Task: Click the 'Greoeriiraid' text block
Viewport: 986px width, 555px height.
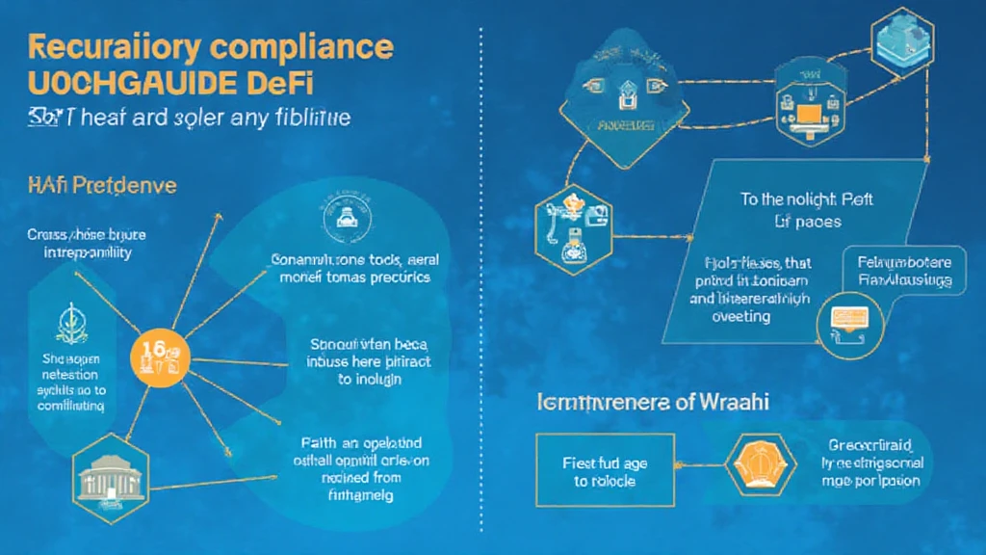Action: [x=871, y=463]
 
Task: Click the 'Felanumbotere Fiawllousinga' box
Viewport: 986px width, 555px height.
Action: [x=902, y=271]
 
